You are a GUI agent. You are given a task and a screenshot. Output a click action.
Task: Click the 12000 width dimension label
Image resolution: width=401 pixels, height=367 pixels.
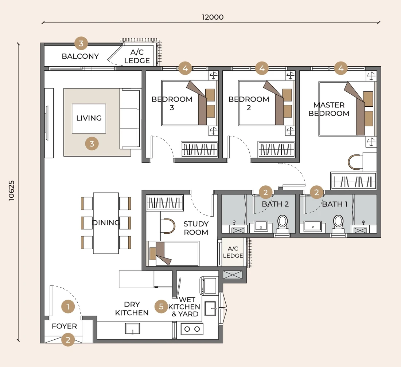coord(213,17)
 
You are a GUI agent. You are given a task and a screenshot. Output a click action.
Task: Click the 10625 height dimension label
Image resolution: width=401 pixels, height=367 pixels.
coord(12,190)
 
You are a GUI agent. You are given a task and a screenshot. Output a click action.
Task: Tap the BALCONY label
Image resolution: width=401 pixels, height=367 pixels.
coord(80,56)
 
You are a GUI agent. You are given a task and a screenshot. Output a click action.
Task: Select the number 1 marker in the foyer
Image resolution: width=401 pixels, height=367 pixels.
coord(68,307)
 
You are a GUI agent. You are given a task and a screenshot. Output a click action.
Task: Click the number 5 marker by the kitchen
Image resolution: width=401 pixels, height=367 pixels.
coord(161,307)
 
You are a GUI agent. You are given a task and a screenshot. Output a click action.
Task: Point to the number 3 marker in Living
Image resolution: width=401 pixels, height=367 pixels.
coord(92,143)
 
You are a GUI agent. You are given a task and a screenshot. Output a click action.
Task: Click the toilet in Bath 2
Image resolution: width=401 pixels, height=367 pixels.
coord(283,224)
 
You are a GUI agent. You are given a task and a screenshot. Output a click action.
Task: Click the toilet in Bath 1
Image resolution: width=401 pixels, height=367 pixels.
coord(338,224)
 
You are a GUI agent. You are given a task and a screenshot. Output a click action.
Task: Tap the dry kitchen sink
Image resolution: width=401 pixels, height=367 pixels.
coord(132,329)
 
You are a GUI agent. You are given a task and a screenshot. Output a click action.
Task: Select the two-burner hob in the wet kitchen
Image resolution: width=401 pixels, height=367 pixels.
coord(192,329)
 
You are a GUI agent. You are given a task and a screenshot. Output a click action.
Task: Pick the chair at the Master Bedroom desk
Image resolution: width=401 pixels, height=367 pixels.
coord(354,162)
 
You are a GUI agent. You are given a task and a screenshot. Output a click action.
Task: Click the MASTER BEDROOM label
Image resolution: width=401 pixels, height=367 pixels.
coord(329,109)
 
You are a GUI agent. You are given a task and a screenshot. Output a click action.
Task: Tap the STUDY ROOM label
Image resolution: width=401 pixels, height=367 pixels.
coord(196,228)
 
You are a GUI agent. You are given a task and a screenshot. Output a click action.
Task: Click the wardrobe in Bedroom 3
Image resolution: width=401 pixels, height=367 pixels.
coord(199,149)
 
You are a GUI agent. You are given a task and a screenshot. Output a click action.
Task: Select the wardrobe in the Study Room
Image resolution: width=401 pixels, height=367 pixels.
coord(165,203)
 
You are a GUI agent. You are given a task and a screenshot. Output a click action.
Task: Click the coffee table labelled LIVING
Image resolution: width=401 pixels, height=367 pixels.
coord(89,118)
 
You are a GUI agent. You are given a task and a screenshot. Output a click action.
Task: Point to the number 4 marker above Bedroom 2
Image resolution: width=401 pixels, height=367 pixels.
coord(262,68)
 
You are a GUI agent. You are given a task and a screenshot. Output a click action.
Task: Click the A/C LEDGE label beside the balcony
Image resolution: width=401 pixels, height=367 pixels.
coord(137,56)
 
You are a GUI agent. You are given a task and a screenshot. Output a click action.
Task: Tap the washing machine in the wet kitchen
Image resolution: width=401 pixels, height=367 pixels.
coord(209,286)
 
